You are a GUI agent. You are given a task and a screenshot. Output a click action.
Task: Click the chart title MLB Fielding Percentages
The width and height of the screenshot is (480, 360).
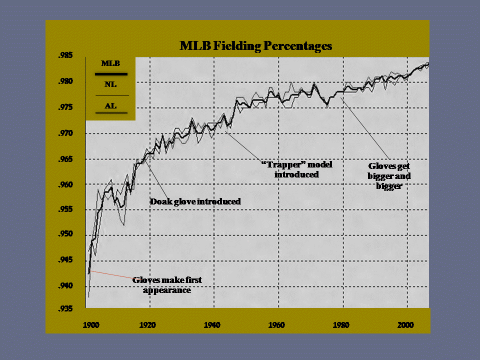[255, 46]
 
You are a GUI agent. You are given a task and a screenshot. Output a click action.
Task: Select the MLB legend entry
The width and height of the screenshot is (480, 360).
[110, 63]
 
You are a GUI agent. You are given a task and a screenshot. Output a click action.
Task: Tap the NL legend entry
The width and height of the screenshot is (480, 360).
[110, 84]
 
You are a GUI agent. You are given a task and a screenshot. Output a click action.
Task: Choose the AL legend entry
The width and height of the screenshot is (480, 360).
[110, 106]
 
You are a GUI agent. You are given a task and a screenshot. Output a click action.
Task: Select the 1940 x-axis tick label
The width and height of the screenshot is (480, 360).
[211, 325]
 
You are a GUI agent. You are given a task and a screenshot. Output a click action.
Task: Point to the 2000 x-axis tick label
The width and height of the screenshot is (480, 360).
[405, 325]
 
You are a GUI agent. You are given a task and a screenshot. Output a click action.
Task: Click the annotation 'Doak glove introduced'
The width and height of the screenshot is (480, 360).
[195, 202]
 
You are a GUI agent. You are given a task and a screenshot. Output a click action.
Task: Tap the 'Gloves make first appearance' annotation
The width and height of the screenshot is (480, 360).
[167, 285]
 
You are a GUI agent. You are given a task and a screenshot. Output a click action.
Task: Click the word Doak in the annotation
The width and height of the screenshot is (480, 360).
[161, 202]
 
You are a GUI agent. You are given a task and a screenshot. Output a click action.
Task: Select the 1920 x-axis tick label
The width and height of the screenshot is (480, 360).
[147, 325]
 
